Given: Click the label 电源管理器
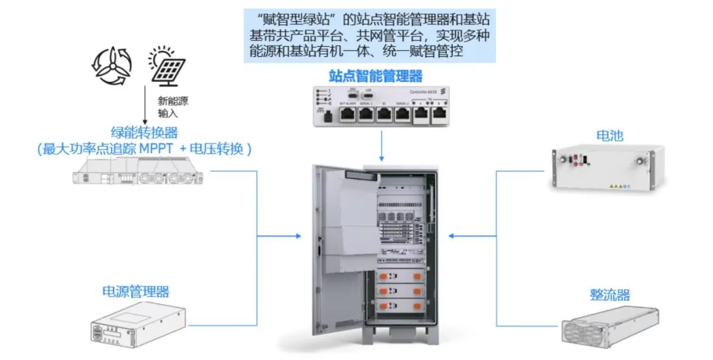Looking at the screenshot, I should (x=135, y=291).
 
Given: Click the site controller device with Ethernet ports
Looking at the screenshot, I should (x=381, y=106).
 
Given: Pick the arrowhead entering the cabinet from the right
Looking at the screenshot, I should (x=452, y=236).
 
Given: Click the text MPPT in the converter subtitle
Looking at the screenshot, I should (x=156, y=149).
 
